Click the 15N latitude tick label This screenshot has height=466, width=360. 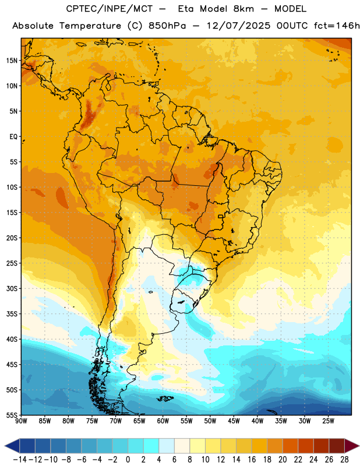pos(12,61)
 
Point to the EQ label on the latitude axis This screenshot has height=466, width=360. pos(13,137)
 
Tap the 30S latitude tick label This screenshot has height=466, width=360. pos(12,288)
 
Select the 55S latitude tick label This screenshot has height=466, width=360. pos(12,415)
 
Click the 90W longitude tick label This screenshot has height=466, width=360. pos(21,421)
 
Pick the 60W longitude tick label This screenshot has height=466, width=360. pos(163,421)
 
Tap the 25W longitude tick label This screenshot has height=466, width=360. pos(328,421)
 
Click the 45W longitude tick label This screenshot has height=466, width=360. pos(234,421)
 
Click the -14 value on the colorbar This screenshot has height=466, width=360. pos(20,460)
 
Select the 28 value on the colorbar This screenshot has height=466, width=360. pos(344,460)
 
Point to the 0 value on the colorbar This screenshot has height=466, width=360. pos(128,460)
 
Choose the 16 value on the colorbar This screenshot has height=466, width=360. pos(252,460)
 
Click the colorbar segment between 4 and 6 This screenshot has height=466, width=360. pos(167,446)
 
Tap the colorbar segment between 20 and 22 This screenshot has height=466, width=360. pos(291,446)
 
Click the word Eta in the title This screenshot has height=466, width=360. pos(186,9)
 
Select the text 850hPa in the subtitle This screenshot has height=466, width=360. pos(167,26)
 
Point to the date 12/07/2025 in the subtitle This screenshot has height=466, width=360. pos(238,26)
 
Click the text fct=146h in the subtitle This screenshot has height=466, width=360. pos(337,26)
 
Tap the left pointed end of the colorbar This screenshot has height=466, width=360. pos(5,446)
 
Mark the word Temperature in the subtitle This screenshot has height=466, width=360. pos(90,26)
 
